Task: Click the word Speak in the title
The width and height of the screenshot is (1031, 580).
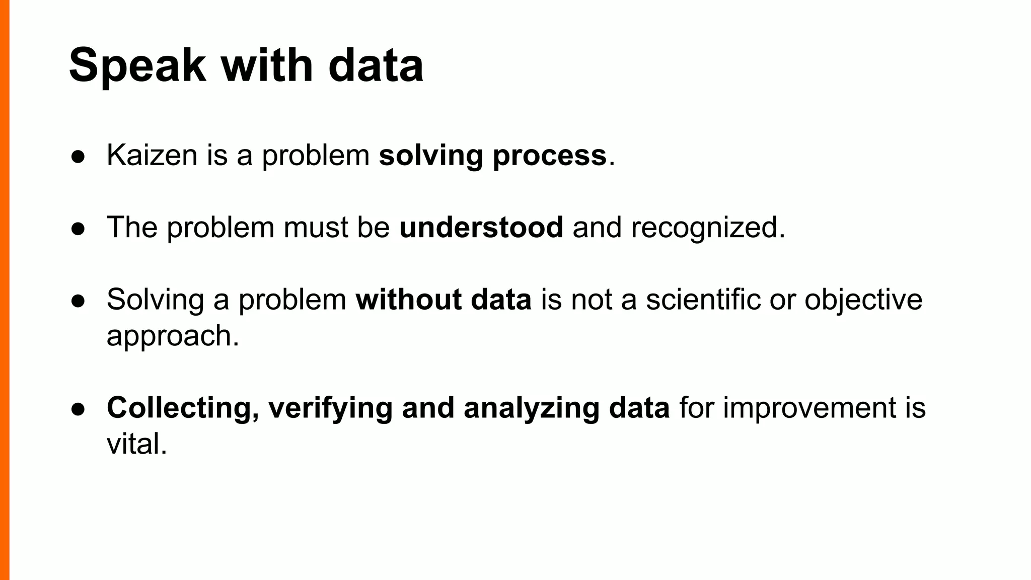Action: click(137, 66)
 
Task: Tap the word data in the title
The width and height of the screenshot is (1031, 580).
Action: click(376, 66)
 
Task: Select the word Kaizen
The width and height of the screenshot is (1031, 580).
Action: click(152, 155)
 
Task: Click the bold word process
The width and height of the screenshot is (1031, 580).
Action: click(550, 156)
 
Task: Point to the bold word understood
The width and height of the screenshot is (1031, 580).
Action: click(481, 228)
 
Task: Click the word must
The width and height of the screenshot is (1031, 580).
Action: click(316, 228)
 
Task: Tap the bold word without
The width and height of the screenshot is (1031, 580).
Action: click(408, 300)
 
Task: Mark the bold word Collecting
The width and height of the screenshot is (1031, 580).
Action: click(179, 408)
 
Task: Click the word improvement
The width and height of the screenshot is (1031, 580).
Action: click(809, 408)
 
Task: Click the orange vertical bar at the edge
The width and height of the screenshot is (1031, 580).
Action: click(5, 290)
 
